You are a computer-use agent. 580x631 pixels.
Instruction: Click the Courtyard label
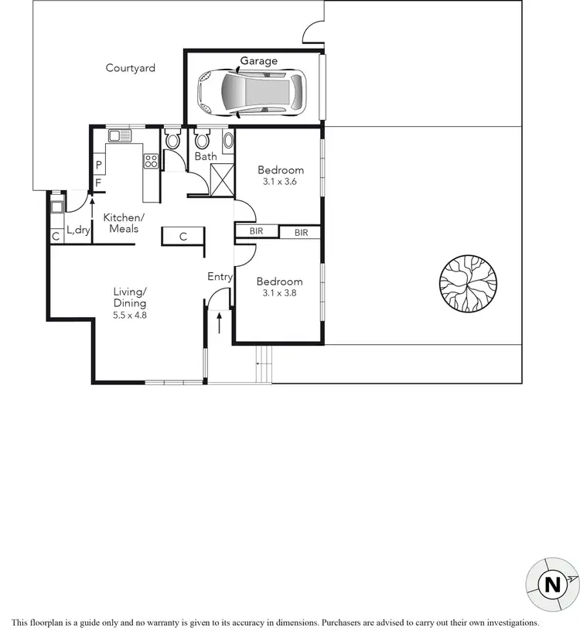click(x=131, y=68)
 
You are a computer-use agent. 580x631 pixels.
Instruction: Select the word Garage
click(x=258, y=61)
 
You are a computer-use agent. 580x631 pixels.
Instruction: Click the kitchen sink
click(x=120, y=136)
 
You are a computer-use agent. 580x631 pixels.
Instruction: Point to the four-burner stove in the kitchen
click(x=150, y=162)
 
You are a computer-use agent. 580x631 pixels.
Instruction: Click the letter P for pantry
click(x=99, y=165)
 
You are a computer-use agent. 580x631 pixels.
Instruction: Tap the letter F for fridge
click(x=98, y=183)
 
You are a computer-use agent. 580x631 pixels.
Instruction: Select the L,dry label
click(x=78, y=230)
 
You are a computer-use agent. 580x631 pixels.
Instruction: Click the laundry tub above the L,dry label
click(x=56, y=206)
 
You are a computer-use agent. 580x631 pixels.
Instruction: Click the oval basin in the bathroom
click(x=227, y=141)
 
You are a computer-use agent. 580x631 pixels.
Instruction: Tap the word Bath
click(x=206, y=157)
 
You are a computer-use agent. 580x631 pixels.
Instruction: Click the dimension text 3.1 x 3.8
click(x=280, y=293)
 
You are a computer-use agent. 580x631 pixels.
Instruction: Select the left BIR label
click(x=257, y=232)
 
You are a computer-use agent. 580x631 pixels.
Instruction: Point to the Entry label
click(x=220, y=276)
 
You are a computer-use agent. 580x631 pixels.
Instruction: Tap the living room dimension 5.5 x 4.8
click(x=130, y=315)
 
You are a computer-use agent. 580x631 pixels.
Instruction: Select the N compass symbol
click(x=552, y=585)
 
